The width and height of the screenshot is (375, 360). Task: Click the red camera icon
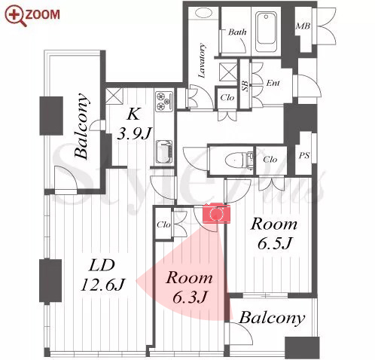click(x=216, y=213)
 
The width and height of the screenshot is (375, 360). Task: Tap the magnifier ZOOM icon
click(x=16, y=16)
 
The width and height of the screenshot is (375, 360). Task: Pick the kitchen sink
click(x=164, y=152)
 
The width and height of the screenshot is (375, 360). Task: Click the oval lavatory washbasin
click(x=203, y=13)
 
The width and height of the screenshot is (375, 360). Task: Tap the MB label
click(x=303, y=26)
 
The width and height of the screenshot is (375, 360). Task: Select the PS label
click(x=304, y=155)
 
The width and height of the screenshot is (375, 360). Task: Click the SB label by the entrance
click(x=245, y=86)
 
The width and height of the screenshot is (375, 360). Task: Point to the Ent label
click(x=273, y=83)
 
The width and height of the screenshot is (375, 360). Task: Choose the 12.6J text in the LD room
click(x=102, y=285)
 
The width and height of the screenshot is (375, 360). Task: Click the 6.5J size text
click(x=275, y=243)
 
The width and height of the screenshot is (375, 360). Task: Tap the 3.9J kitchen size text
click(x=135, y=133)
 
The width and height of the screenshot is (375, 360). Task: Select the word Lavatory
click(x=202, y=60)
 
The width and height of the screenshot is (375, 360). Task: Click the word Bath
click(x=237, y=32)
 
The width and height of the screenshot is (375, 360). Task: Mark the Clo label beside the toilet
click(x=270, y=159)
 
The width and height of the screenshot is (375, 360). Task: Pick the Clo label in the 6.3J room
click(x=163, y=224)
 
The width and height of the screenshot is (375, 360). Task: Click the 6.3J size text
click(x=190, y=297)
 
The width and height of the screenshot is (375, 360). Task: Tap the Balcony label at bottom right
click(x=272, y=319)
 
